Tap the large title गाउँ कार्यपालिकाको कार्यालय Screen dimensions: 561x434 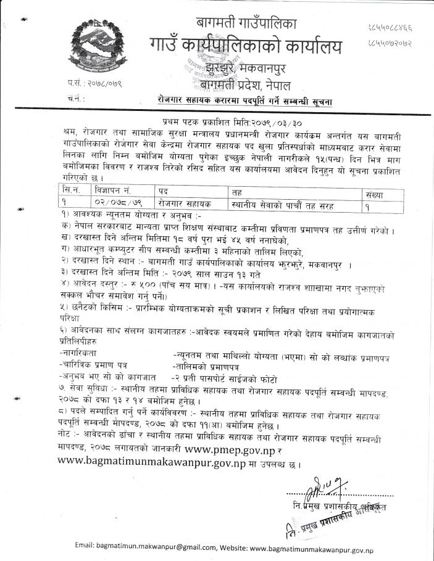(244, 47)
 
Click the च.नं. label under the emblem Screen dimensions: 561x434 (76, 98)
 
